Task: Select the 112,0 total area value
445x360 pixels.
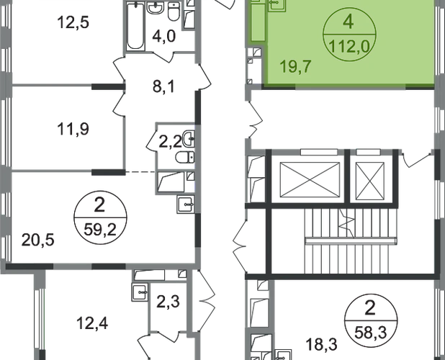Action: click(348, 42)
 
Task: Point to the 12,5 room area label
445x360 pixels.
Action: click(72, 22)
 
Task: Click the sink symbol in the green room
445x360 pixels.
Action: click(275, 6)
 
